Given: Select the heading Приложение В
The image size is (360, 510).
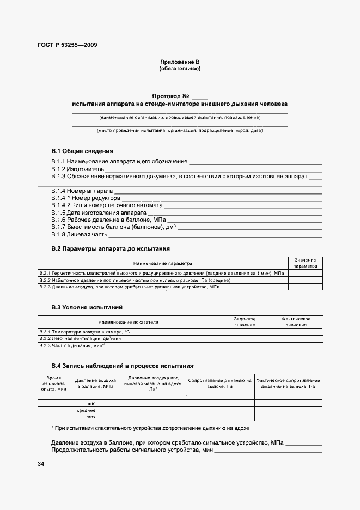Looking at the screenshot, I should tap(180, 62).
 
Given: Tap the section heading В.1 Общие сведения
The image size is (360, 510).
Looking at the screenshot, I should tap(82, 151).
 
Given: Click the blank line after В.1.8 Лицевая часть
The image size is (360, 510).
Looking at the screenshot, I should tap(215, 235).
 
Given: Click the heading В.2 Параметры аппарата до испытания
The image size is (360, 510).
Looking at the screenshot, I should tap(111, 248).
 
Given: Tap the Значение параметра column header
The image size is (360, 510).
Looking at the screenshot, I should tap(305, 263).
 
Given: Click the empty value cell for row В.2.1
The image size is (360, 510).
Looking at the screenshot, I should tap(305, 272).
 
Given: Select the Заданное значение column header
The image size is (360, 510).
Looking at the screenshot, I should tap(245, 321).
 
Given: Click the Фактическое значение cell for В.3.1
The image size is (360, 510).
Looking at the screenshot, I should tap(296, 331).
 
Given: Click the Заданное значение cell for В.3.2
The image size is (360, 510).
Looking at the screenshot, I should tap(245, 338).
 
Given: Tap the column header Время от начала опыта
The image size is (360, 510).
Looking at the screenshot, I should tap(53, 383).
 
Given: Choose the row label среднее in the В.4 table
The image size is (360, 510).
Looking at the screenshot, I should tap(87, 410).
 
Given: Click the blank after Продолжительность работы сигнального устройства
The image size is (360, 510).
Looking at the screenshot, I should tap(268, 451).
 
